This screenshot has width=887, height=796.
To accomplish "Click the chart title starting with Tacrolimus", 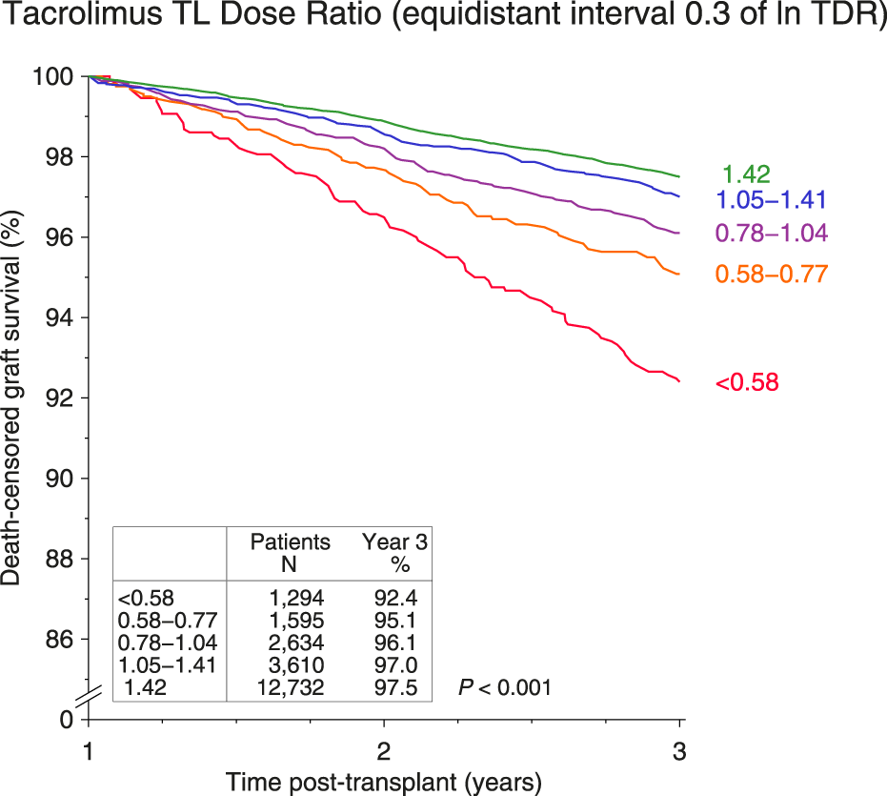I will pos(443,19).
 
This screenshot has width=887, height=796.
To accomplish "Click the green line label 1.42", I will pos(745,174).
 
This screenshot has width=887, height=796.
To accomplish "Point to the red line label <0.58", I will pos(747,383).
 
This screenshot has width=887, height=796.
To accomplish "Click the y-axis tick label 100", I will pos(53,76).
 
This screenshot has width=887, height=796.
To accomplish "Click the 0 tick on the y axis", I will pos(66,720).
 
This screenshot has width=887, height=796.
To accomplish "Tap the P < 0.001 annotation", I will pos(504,686).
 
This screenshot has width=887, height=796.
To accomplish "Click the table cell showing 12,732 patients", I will pos(292,687).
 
